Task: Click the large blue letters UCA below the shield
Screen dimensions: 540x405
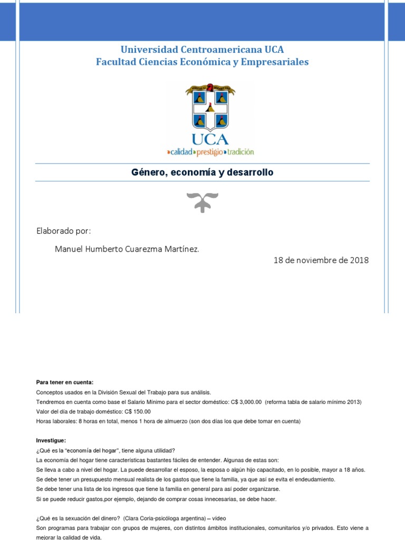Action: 210,139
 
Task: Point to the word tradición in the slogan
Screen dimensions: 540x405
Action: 240,152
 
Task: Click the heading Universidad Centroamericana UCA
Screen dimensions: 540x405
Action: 202,50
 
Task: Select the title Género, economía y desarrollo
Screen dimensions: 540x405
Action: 202,172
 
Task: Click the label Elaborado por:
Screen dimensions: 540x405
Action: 63,231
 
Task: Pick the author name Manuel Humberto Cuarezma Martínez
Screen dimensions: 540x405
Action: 127,249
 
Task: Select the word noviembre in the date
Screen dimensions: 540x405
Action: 318,261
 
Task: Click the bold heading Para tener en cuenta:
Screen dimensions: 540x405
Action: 64,382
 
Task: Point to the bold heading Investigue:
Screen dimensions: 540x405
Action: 51,440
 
